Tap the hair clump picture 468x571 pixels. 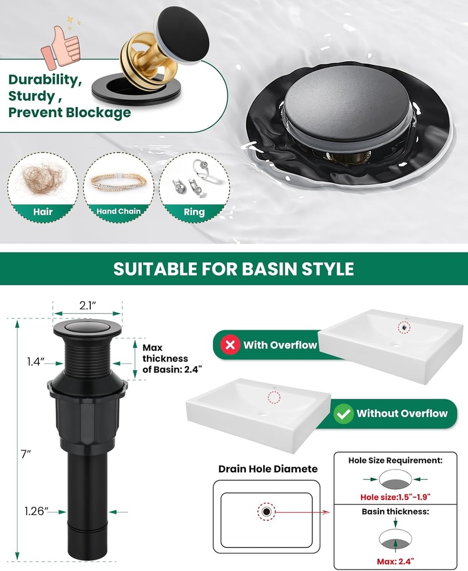coord(42,177)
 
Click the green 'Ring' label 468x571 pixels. coord(194,212)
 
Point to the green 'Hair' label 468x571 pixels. coord(43,211)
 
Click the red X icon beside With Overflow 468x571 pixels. coord(230,345)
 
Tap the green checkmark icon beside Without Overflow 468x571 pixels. coord(343,414)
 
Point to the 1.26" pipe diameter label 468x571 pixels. coord(37,510)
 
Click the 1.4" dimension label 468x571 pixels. coord(35,361)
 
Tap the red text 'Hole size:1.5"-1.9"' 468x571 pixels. coord(395,495)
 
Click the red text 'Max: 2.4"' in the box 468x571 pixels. coord(395,559)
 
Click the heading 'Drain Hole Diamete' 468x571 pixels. coord(268,469)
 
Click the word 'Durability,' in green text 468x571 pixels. coord(45,79)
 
